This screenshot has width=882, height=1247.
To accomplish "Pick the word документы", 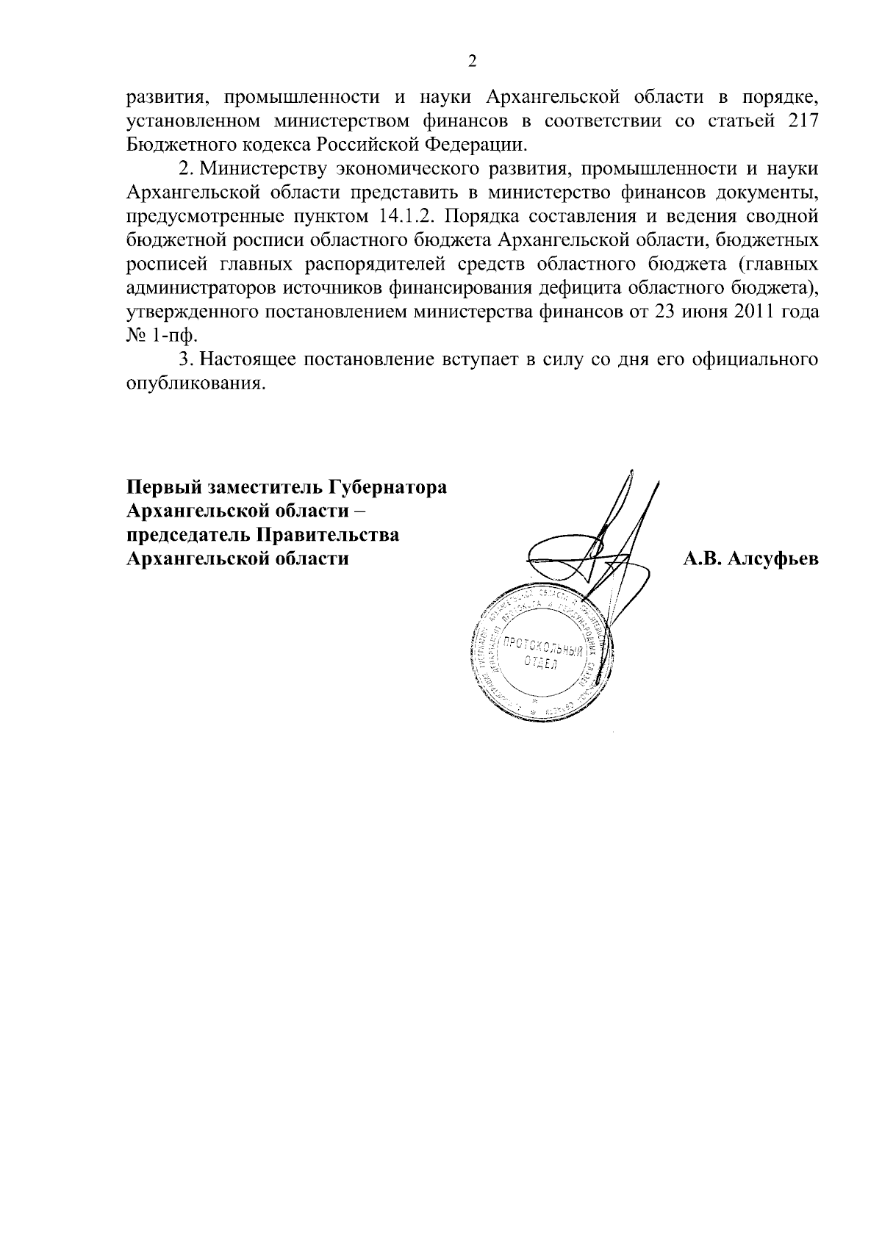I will tap(770, 192).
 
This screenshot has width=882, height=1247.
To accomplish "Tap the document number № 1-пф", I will tap(162, 336).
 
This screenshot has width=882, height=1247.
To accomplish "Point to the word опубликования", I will tap(194, 384).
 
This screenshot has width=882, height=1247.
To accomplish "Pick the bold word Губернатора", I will tap(387, 488).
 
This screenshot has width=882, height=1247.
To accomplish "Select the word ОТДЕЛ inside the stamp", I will tap(540, 664).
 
